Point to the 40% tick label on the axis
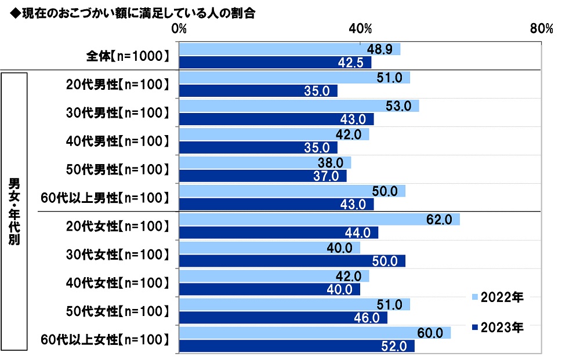tap(361, 28)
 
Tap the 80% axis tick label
tap(542, 28)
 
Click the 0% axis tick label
tap(179, 28)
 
